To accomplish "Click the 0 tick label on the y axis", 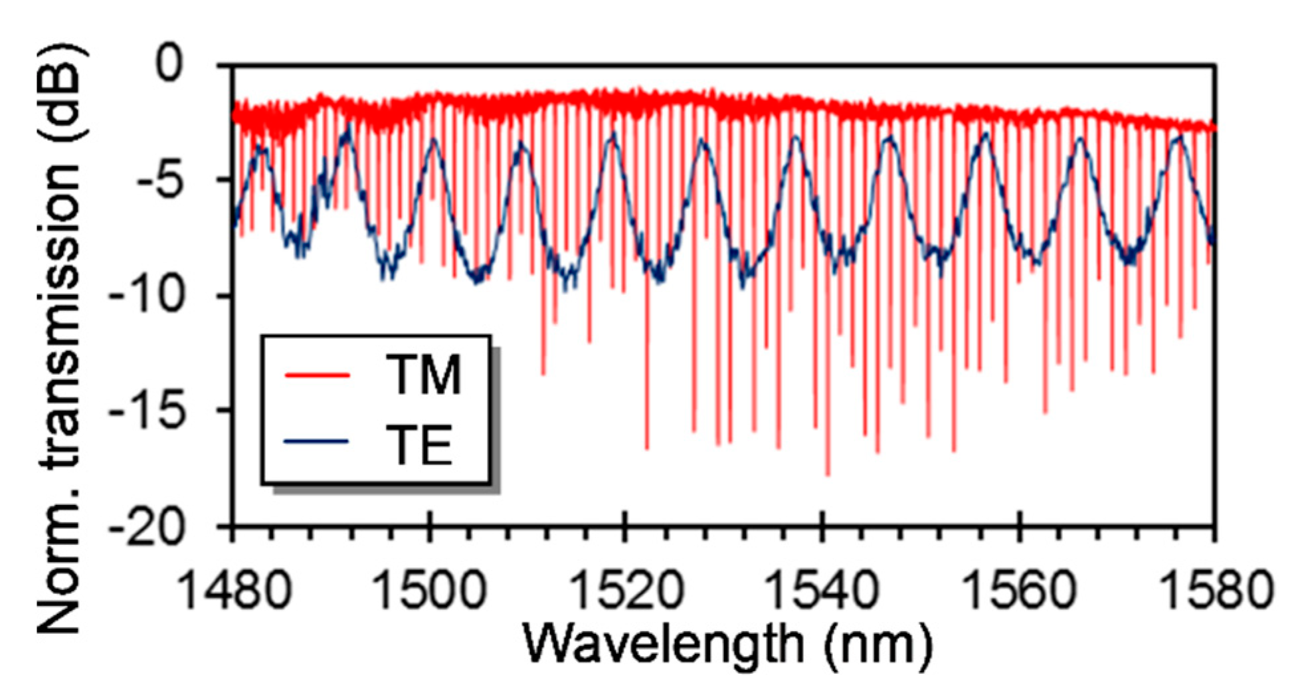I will click(x=169, y=64).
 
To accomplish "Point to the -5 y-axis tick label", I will click(x=159, y=180).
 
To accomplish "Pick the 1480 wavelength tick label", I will click(x=235, y=590).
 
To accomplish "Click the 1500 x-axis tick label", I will click(x=430, y=590).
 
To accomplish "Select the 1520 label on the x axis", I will click(x=626, y=590).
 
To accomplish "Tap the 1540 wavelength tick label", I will click(x=822, y=590).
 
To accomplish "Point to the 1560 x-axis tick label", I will click(x=1018, y=590).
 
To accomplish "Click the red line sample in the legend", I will click(x=317, y=375).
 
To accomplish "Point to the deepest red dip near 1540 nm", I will click(x=828, y=473).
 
